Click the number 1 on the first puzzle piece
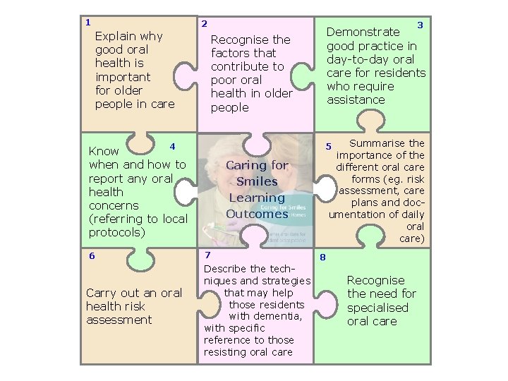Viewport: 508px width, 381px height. click(87, 22)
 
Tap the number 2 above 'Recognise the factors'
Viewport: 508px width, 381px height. click(204, 23)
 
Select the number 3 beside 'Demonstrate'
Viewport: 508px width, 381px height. click(420, 25)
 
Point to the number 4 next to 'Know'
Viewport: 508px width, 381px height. click(172, 146)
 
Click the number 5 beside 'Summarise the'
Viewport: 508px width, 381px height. click(327, 147)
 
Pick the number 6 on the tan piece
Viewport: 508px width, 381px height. click(92, 256)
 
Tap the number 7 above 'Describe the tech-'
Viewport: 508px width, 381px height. click(207, 255)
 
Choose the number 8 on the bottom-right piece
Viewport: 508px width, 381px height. click(322, 257)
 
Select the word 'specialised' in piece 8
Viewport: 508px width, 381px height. click(377, 308)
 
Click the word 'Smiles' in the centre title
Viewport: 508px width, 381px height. click(257, 181)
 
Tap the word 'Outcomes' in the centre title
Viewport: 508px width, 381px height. click(257, 213)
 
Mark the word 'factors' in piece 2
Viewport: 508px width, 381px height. click(234, 53)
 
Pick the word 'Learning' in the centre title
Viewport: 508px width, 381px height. click(257, 198)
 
